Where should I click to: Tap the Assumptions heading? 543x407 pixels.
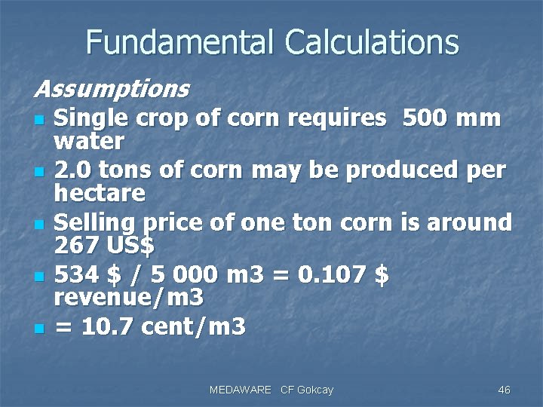[x=111, y=89]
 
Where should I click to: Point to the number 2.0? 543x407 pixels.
[x=75, y=171]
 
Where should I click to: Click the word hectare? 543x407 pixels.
[x=100, y=193]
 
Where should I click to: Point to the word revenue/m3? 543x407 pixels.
[x=129, y=298]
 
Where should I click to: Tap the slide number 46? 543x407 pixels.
[x=505, y=390]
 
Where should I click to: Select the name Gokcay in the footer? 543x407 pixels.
[x=315, y=390]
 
